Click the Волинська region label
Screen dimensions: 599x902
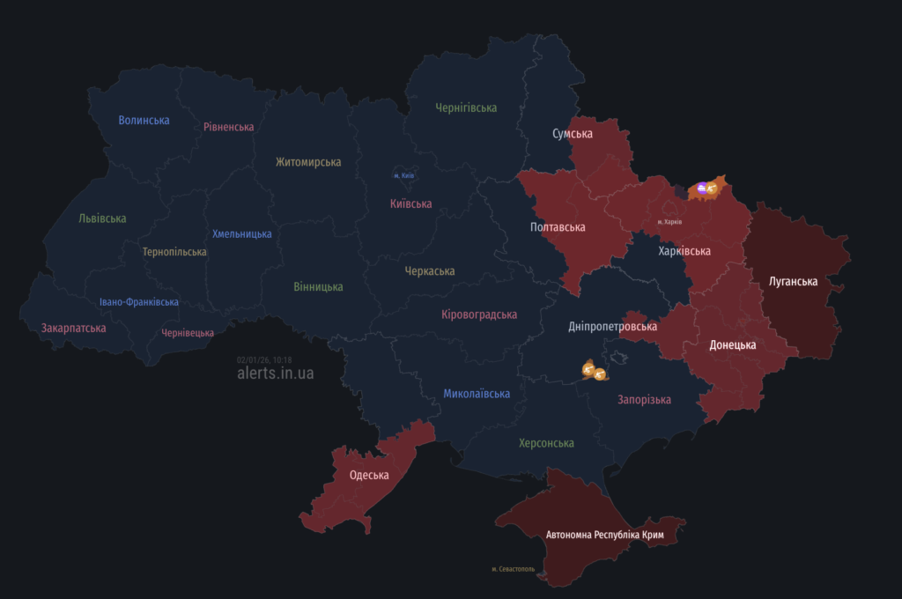tap(144, 120)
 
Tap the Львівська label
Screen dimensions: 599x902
tap(102, 218)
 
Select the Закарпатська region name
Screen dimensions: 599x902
tap(73, 329)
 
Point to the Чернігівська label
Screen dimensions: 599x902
tap(466, 107)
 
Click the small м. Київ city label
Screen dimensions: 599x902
tap(403, 175)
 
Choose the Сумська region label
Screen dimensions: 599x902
tap(572, 134)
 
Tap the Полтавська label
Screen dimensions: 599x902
tap(558, 227)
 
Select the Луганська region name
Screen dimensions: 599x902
tap(793, 282)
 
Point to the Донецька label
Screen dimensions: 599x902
tap(732, 345)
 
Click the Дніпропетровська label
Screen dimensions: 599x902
tap(612, 327)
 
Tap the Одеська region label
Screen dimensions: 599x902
tap(369, 476)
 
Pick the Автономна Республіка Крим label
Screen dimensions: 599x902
tap(603, 535)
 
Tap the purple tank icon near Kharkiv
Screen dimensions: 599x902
tap(701, 187)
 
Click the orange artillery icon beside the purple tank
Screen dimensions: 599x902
tap(712, 188)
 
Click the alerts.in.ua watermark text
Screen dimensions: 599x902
tap(275, 373)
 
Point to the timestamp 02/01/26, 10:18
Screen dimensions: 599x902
tap(264, 359)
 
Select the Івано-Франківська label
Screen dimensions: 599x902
tap(138, 302)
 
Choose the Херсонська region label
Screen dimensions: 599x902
tap(546, 443)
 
